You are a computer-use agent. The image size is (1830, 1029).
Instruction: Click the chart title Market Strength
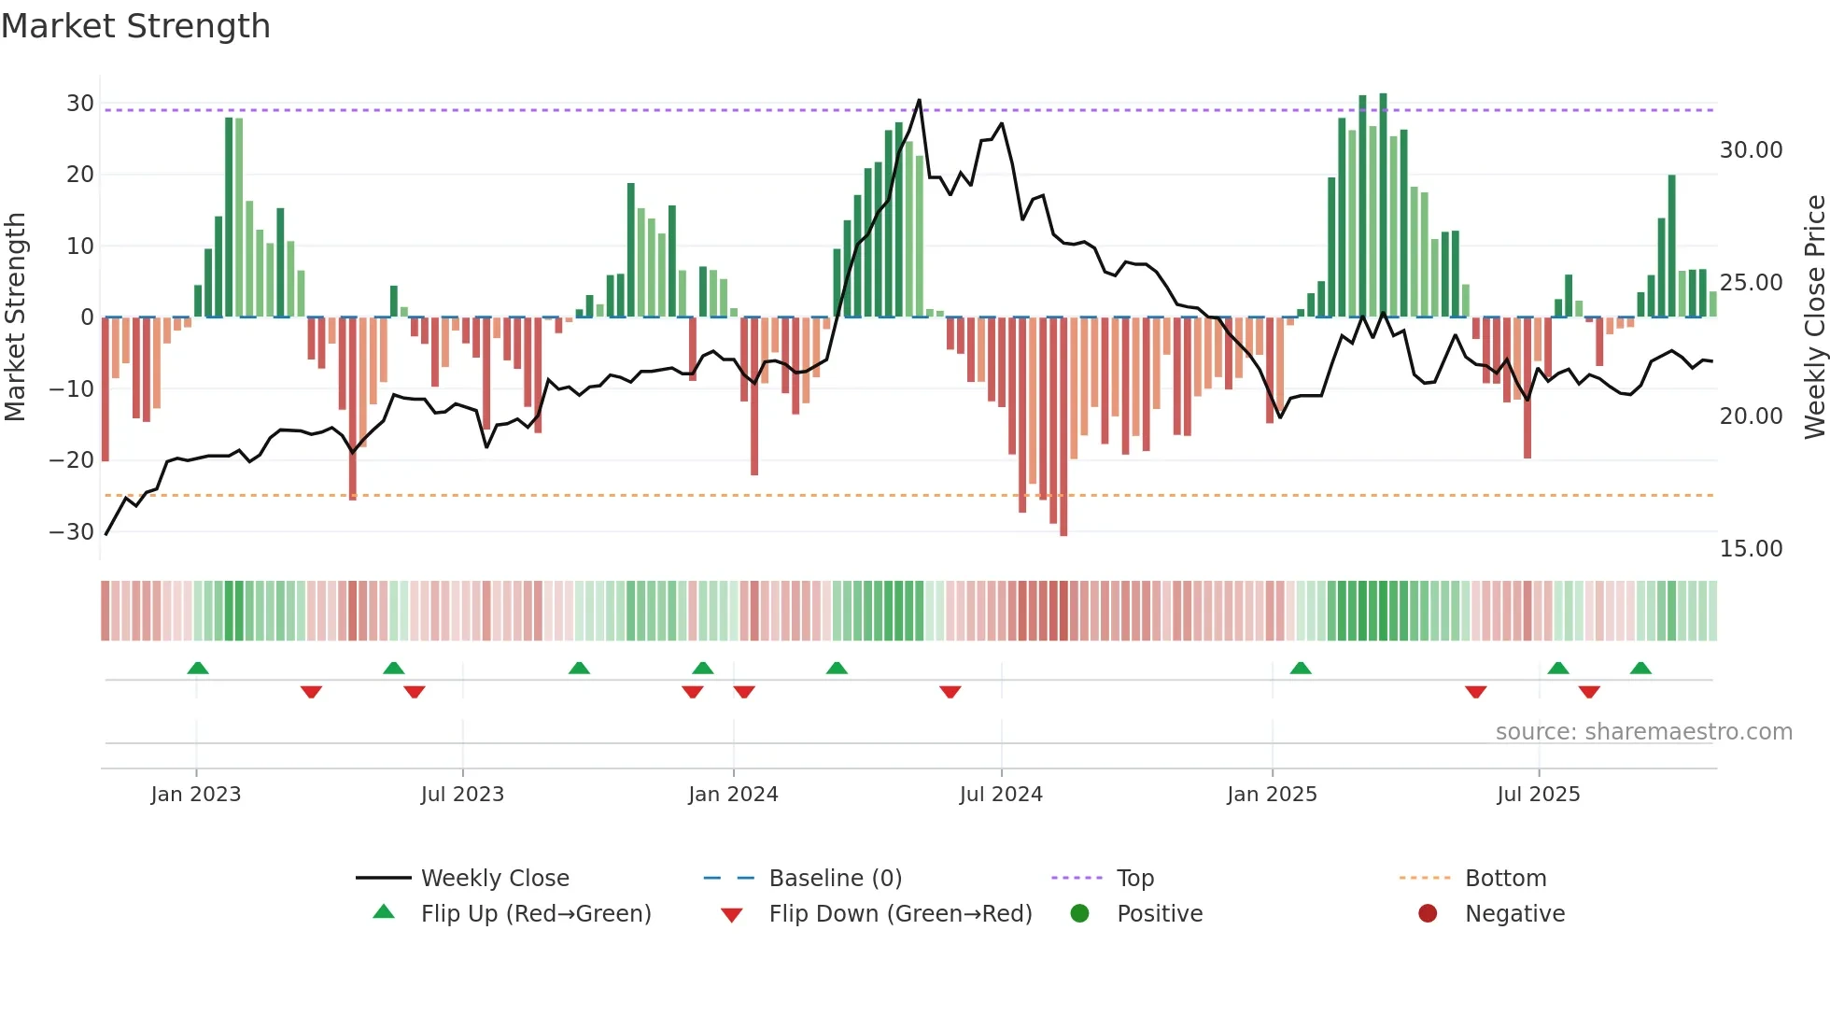click(x=135, y=26)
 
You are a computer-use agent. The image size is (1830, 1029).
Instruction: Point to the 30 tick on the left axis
click(x=80, y=104)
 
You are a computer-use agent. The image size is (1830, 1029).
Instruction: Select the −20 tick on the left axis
click(x=73, y=460)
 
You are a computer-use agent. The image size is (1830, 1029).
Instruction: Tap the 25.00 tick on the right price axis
click(x=1751, y=283)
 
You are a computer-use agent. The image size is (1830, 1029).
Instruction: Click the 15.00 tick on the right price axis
click(x=1751, y=549)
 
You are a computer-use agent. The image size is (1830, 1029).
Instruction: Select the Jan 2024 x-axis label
click(x=733, y=795)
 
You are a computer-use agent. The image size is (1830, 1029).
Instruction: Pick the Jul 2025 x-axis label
click(x=1538, y=795)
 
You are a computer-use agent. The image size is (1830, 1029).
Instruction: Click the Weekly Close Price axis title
click(x=1814, y=317)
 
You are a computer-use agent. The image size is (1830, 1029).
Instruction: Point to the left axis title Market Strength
click(x=16, y=317)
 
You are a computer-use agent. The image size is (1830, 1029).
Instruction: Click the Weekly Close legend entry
click(x=494, y=879)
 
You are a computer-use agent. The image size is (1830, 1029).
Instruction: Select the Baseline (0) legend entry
click(x=835, y=879)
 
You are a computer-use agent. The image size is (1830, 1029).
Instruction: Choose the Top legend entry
click(x=1134, y=879)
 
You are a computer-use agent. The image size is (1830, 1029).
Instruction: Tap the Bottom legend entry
click(x=1505, y=879)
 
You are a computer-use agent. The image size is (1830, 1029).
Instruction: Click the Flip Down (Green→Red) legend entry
click(x=900, y=914)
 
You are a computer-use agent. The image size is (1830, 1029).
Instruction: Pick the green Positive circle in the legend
click(x=1080, y=914)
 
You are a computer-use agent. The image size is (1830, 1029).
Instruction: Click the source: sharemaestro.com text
click(x=1643, y=732)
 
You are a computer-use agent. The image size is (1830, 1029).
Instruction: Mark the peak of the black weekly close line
click(x=919, y=100)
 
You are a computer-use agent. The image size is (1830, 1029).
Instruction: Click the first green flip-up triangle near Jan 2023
click(x=198, y=668)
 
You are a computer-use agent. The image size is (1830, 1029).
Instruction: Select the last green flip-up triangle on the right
click(x=1640, y=668)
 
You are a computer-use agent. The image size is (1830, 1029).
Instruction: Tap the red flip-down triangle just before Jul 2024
click(x=950, y=692)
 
